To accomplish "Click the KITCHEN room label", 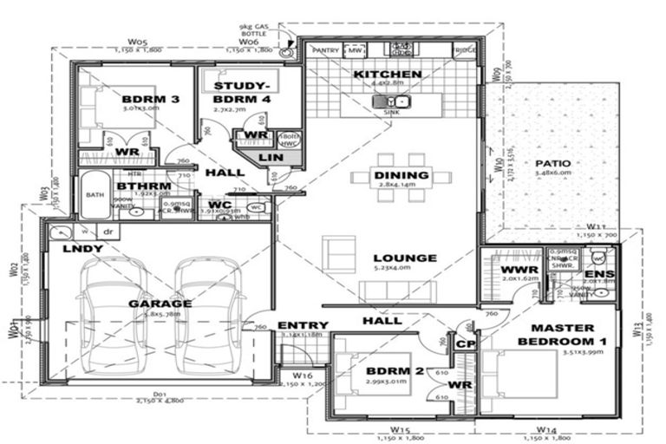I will (388, 75).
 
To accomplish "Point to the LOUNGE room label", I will (405, 258).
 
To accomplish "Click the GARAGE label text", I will (160, 304).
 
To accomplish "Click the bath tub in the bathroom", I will (94, 195).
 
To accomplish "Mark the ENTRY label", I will (302, 326).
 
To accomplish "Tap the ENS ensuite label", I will (604, 274).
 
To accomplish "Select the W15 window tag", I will (400, 429).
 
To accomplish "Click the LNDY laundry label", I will (82, 250).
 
